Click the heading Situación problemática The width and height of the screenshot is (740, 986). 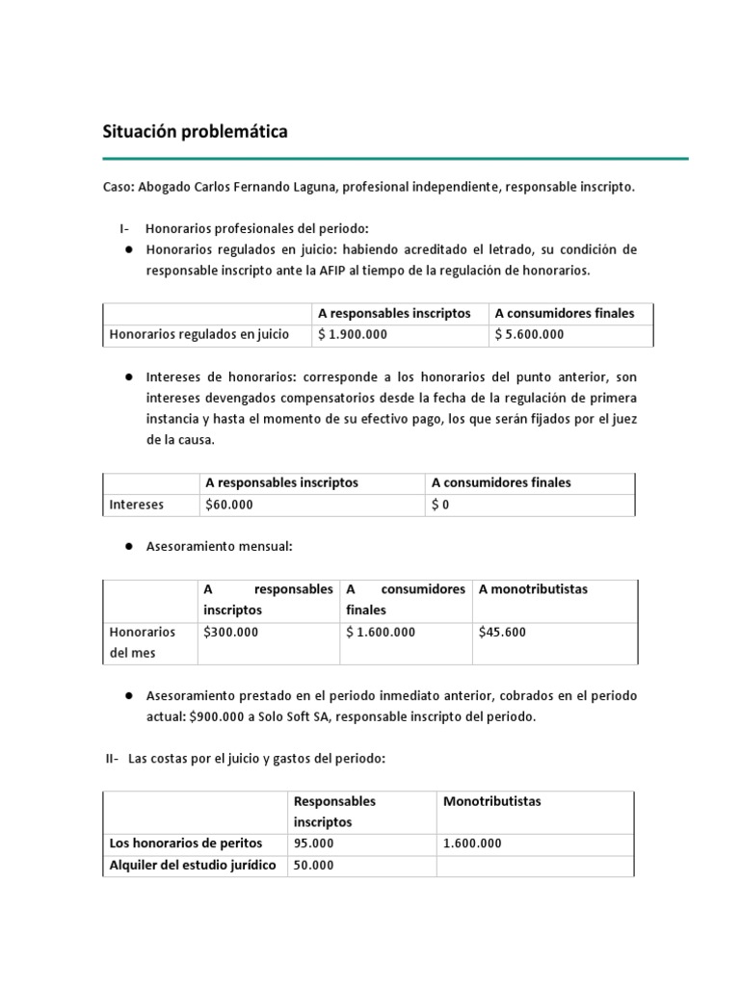click(x=195, y=132)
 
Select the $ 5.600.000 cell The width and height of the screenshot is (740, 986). click(x=529, y=335)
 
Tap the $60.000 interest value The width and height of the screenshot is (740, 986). click(x=228, y=505)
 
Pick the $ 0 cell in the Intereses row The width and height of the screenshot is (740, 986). click(x=440, y=505)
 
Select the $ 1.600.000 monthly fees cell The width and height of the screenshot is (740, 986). click(x=381, y=632)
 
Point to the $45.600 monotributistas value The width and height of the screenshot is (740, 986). click(x=502, y=632)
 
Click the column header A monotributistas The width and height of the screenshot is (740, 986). click(x=533, y=588)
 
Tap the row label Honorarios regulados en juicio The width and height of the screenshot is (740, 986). click(x=199, y=335)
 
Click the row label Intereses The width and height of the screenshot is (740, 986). click(x=137, y=505)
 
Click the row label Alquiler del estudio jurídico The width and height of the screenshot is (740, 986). click(x=193, y=865)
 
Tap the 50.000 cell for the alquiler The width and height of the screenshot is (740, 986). click(x=313, y=865)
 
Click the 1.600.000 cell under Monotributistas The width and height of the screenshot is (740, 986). click(x=472, y=843)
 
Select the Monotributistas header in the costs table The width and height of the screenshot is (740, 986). click(x=491, y=801)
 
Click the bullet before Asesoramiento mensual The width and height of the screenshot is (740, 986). click(x=127, y=546)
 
